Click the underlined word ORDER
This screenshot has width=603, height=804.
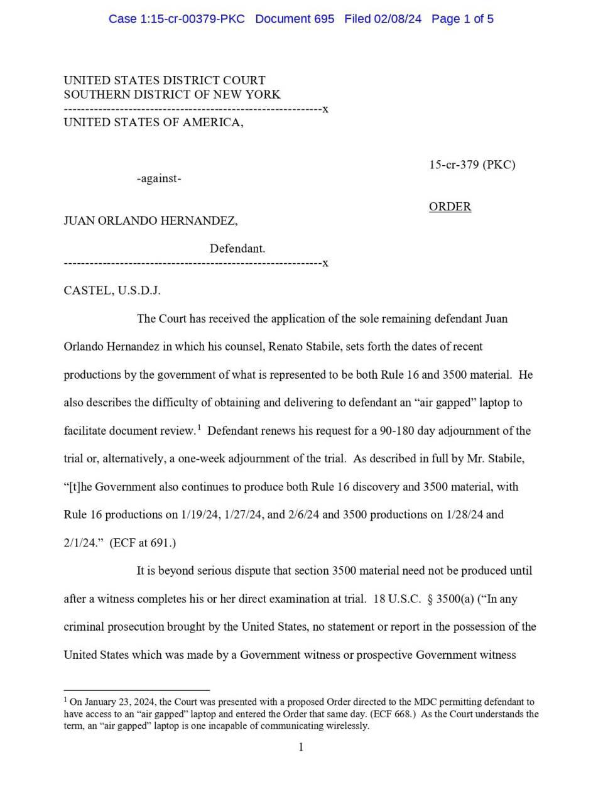tap(450, 207)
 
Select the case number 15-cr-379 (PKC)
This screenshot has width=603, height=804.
tap(472, 165)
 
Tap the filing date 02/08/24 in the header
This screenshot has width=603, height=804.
tap(398, 19)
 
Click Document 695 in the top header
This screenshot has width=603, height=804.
tap(295, 19)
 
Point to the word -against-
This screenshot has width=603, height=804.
tap(159, 178)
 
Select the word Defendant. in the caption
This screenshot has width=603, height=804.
tap(237, 248)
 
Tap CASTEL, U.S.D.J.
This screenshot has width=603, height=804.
tap(112, 290)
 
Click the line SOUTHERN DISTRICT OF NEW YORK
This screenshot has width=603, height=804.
tap(171, 94)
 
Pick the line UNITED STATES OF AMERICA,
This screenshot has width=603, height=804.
tap(153, 122)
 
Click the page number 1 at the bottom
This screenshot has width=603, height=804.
tap(301, 747)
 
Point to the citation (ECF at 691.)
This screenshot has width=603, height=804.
tap(143, 543)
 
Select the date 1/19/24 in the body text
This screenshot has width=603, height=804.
tap(200, 514)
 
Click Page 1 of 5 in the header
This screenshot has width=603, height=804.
tap(462, 19)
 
